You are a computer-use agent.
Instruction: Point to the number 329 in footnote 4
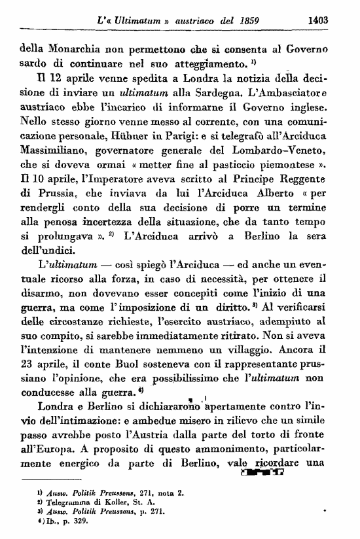(x=69, y=522)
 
